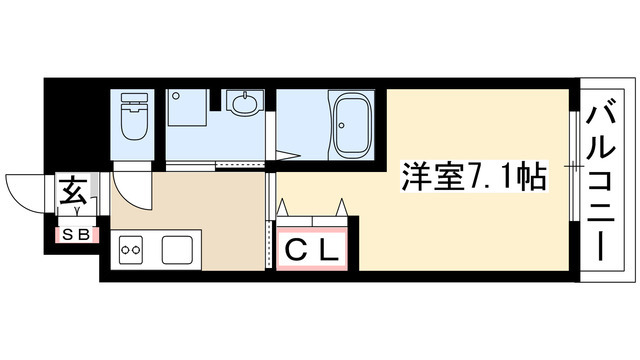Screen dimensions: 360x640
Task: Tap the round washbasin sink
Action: (x=241, y=103)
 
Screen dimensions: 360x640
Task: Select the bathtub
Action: (x=351, y=127)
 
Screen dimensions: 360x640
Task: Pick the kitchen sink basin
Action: (x=178, y=247)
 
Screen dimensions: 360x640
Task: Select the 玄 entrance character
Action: (x=74, y=189)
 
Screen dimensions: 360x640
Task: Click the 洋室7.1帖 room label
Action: (x=472, y=177)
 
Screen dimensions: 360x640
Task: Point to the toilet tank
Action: (x=133, y=100)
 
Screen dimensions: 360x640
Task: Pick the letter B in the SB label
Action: (x=85, y=236)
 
